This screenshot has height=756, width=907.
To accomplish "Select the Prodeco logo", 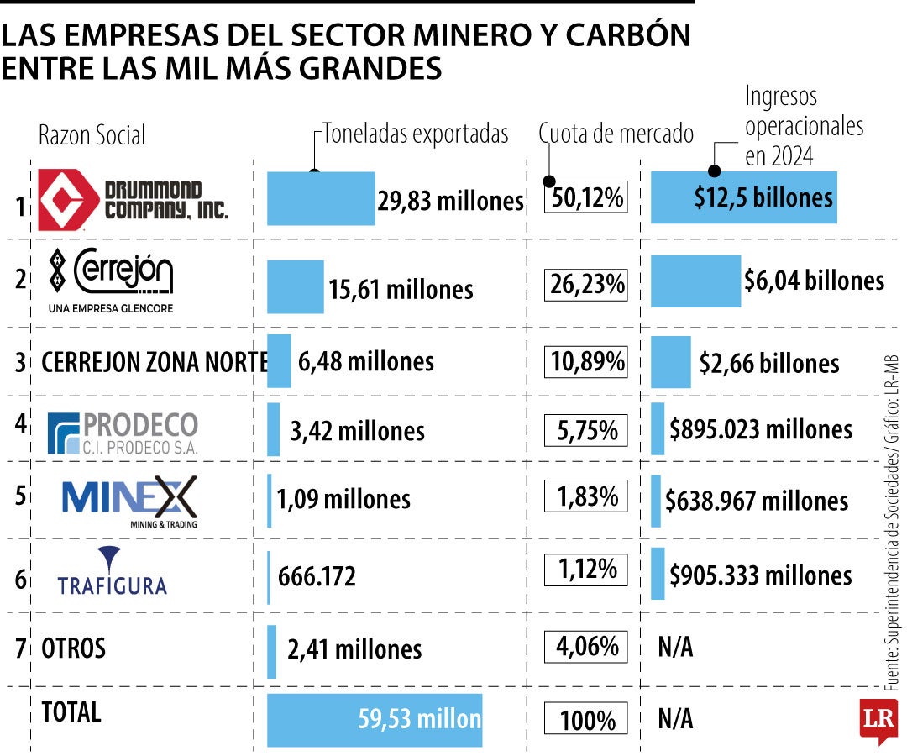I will click(123, 433).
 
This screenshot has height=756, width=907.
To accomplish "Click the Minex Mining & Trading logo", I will click(129, 501).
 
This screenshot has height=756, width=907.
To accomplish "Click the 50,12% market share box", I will click(586, 198).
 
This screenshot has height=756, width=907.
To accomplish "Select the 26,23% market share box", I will click(586, 285).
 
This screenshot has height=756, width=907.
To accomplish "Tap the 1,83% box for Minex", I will click(586, 496).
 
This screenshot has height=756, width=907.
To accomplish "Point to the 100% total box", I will click(586, 720).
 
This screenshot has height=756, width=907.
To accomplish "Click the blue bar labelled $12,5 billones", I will click(744, 197).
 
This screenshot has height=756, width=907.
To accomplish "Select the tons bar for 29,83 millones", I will click(321, 198).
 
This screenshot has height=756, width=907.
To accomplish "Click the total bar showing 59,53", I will click(375, 720).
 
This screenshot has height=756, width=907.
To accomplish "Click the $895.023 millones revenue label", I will click(761, 429).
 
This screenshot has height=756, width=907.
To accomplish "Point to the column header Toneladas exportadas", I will click(416, 134).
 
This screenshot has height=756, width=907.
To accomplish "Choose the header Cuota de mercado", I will click(616, 134).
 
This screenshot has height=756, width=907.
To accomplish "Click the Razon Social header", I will click(92, 134).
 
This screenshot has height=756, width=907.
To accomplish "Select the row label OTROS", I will click(74, 648).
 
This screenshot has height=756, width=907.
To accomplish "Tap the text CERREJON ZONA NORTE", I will click(155, 362).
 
